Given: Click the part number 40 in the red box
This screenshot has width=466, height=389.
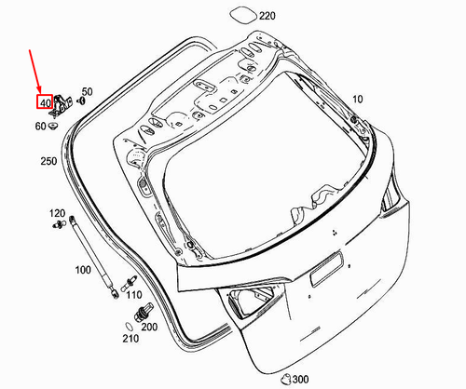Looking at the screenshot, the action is pyautogui.click(x=45, y=102).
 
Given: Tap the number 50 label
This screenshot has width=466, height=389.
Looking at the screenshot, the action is pyautogui.click(x=88, y=91).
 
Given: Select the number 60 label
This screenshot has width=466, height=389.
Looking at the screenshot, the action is pyautogui.click(x=40, y=127).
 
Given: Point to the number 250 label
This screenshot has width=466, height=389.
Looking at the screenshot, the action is pyautogui.click(x=48, y=161).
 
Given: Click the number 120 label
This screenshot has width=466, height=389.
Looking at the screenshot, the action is pyautogui.click(x=57, y=213).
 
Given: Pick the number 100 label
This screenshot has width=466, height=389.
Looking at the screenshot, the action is pyautogui.click(x=83, y=270).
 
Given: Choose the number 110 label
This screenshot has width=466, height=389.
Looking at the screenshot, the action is pyautogui.click(x=134, y=295).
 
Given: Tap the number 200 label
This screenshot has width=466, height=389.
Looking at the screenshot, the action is pyautogui.click(x=149, y=327).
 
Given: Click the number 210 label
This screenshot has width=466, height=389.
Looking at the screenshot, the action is pyautogui.click(x=130, y=339).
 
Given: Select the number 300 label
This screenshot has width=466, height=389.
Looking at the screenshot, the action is pyautogui.click(x=300, y=380).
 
